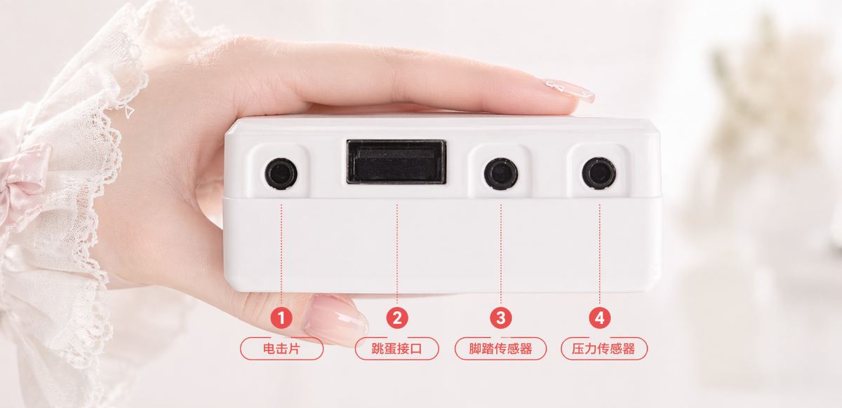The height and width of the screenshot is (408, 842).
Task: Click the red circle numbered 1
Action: point(281,318)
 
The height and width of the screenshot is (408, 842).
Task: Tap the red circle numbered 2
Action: point(397,318)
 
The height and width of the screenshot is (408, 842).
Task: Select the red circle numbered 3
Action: point(501,318)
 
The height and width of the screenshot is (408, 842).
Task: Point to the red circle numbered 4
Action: point(599,318)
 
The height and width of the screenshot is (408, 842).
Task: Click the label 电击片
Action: point(281,348)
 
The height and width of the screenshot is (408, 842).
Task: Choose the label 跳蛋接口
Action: point(397,348)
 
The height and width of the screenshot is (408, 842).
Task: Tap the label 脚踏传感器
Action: point(501,348)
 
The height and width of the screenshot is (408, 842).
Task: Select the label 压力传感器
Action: point(603,348)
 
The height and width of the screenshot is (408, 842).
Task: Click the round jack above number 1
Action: point(281,174)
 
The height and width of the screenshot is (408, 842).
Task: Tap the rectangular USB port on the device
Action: point(396,162)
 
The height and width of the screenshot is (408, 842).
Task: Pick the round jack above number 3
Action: point(501,174)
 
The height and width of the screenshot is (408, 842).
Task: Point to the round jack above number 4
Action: point(599,174)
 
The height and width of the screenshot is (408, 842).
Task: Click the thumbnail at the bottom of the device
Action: point(335,320)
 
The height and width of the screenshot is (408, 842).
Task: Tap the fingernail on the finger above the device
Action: point(570,90)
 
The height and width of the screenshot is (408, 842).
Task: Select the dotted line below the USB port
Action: point(397,254)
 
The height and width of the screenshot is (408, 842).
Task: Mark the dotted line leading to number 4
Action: point(599,254)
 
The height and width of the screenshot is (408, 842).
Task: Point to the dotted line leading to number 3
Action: point(501,254)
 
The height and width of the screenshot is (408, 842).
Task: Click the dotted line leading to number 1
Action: point(281,254)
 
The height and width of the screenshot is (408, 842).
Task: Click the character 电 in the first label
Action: point(269,348)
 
